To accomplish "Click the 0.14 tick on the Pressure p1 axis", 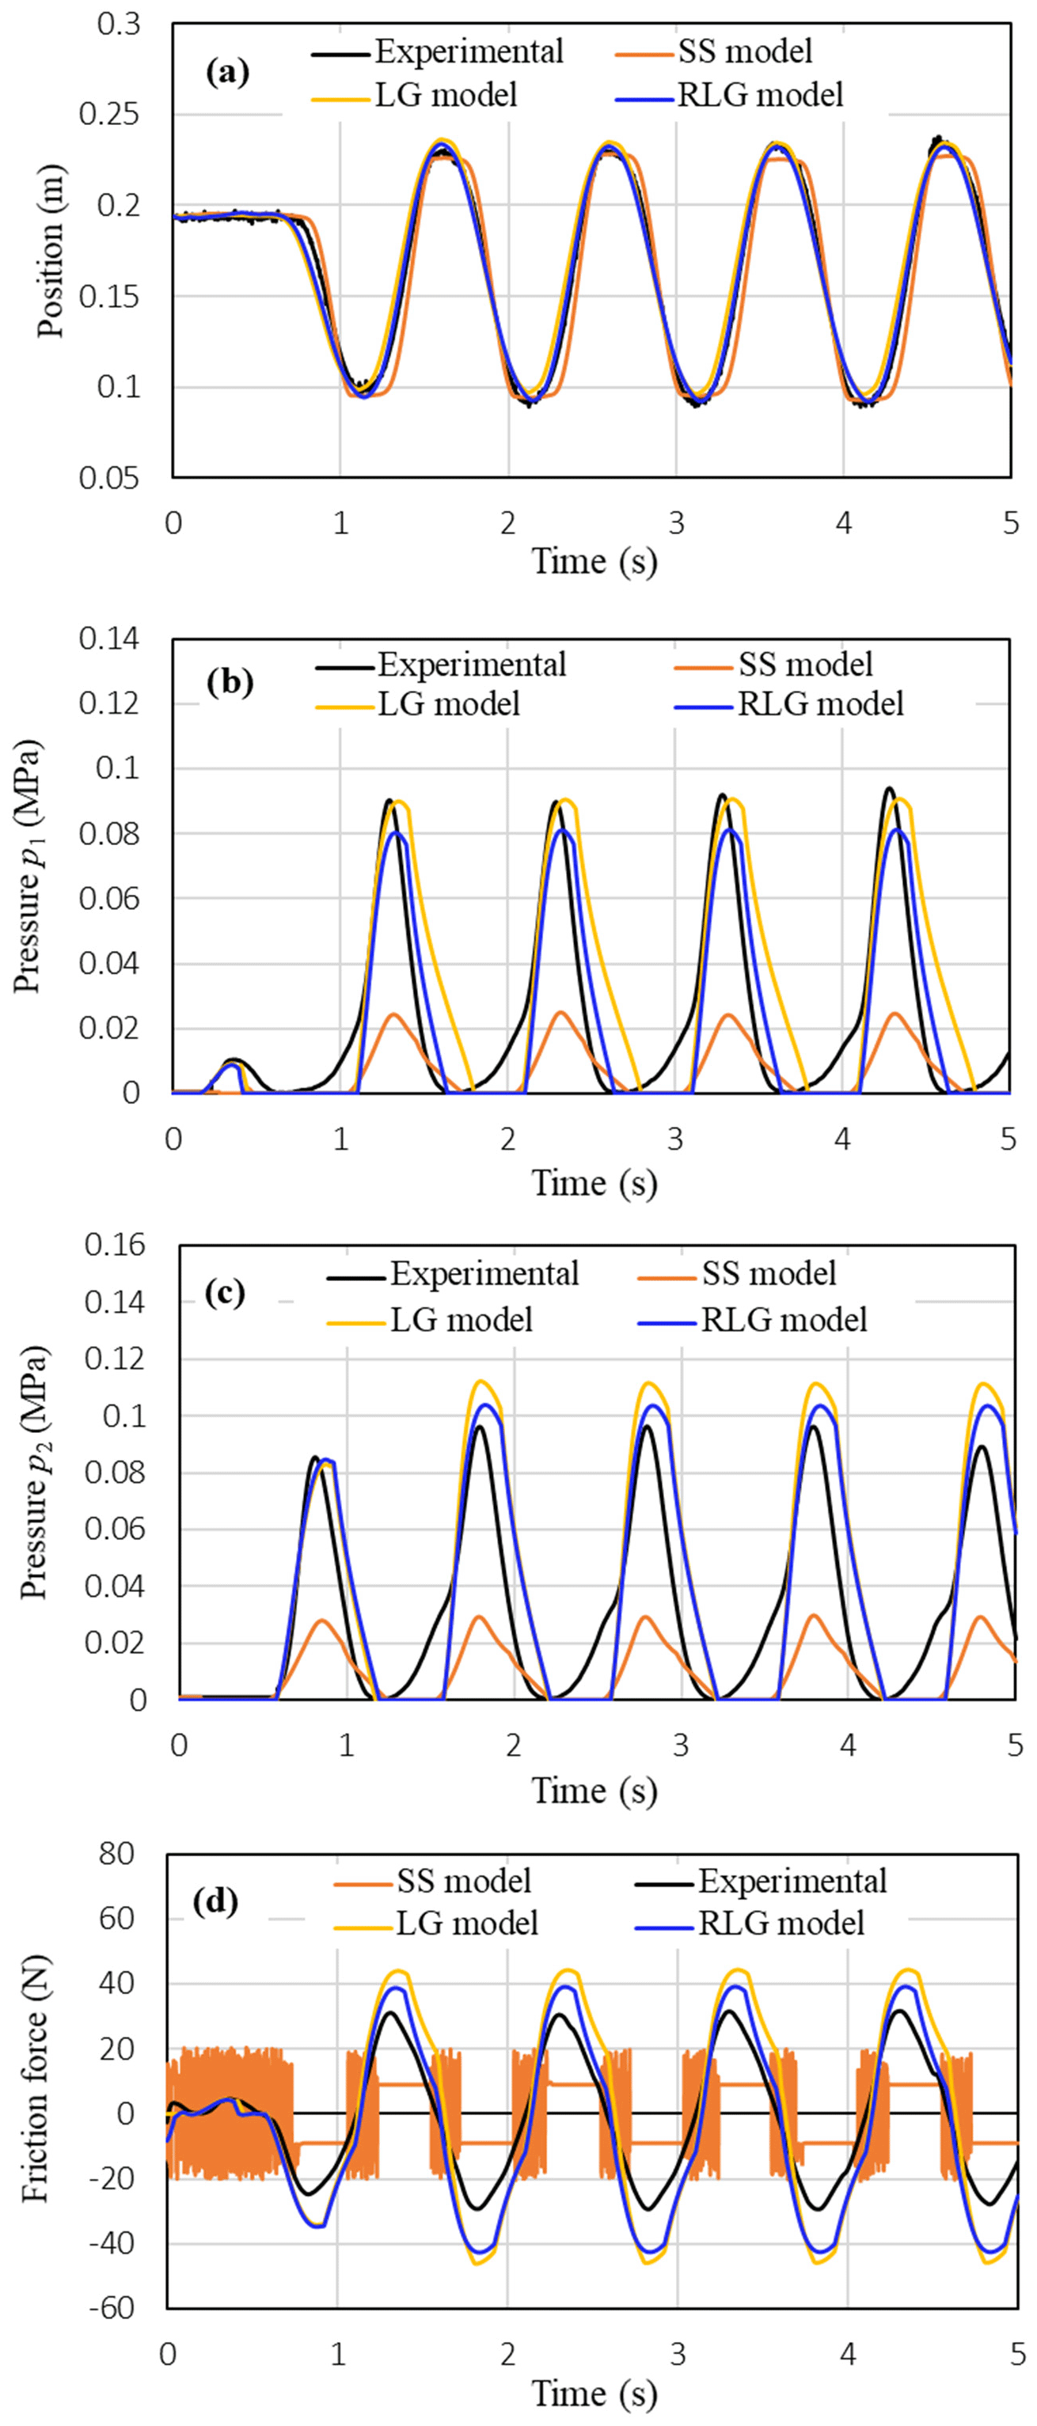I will pos(109,639).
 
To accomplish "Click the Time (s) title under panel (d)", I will pos(594,2392).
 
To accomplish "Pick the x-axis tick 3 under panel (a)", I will pos(676,524).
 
